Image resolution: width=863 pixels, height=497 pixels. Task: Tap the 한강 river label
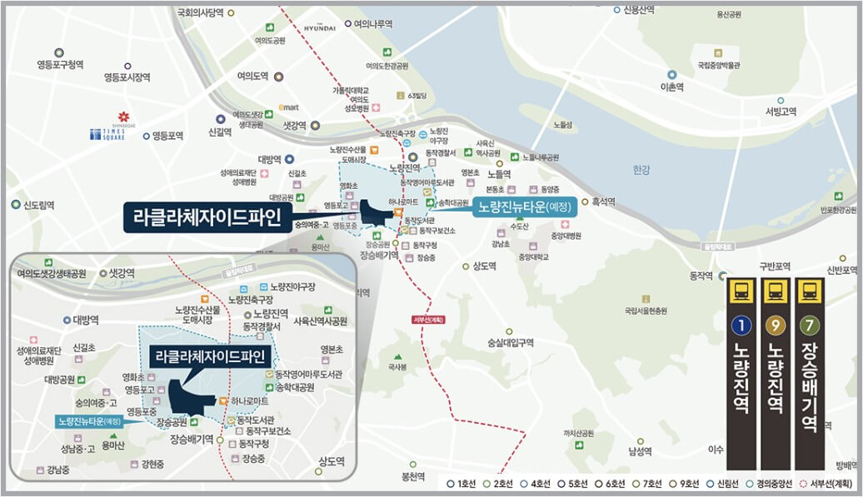(640, 170)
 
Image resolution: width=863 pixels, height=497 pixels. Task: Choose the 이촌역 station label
(671, 87)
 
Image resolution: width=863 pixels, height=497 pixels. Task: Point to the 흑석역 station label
(602, 201)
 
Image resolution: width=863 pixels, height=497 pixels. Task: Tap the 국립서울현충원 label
(646, 311)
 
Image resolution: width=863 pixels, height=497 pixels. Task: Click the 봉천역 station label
(413, 477)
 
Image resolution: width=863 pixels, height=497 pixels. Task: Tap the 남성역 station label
(638, 451)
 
